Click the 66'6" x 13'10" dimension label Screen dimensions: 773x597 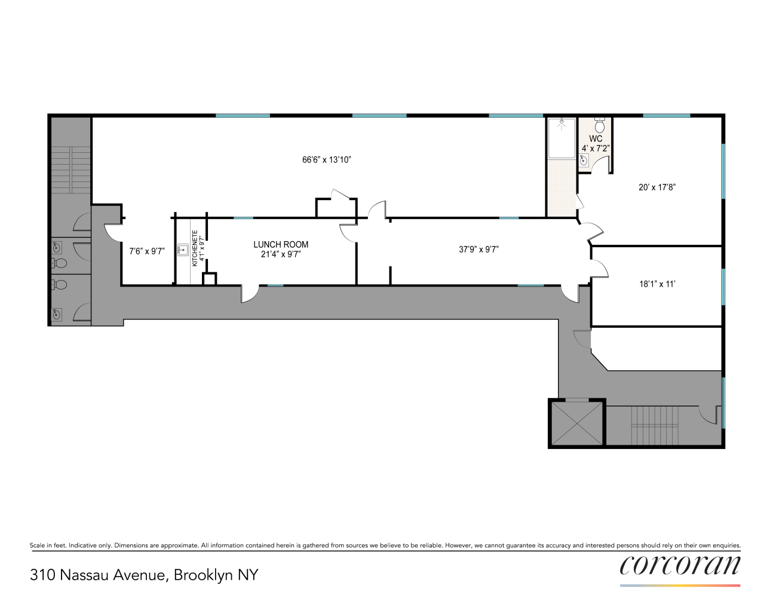pyautogui.click(x=327, y=160)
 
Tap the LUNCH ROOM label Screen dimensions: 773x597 pyautogui.click(x=281, y=245)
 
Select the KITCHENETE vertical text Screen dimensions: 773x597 pyautogui.click(x=195, y=248)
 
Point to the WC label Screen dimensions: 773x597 pyautogui.click(x=596, y=139)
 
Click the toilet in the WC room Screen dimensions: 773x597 pyautogui.click(x=600, y=124)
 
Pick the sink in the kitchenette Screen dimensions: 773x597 pyautogui.click(x=183, y=250)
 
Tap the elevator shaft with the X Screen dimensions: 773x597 pyautogui.click(x=576, y=423)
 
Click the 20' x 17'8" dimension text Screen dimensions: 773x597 pyautogui.click(x=657, y=187)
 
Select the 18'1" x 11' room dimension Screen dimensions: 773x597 pyautogui.click(x=657, y=284)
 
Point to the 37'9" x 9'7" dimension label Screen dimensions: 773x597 pyautogui.click(x=478, y=250)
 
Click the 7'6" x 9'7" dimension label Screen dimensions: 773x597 pyautogui.click(x=147, y=251)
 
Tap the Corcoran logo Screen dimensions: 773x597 pyautogui.click(x=680, y=565)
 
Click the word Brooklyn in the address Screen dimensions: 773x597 pyautogui.click(x=203, y=576)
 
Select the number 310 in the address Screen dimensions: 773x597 pyautogui.click(x=42, y=575)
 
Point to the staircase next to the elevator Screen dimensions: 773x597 pyautogui.click(x=655, y=426)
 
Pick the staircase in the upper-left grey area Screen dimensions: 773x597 pyautogui.click(x=71, y=170)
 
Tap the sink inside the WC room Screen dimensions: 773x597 pyautogui.click(x=584, y=160)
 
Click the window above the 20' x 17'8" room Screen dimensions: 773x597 pyautogui.click(x=666, y=115)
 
